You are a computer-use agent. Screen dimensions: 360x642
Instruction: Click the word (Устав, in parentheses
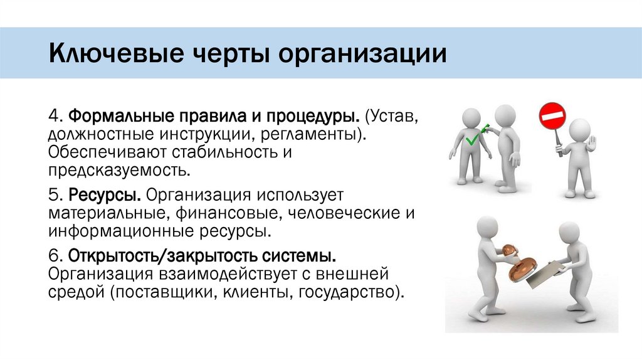tap(398, 118)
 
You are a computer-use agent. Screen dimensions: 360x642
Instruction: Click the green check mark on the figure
tap(476, 134)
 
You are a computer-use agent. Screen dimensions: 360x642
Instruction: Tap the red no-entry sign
tap(552, 117)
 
